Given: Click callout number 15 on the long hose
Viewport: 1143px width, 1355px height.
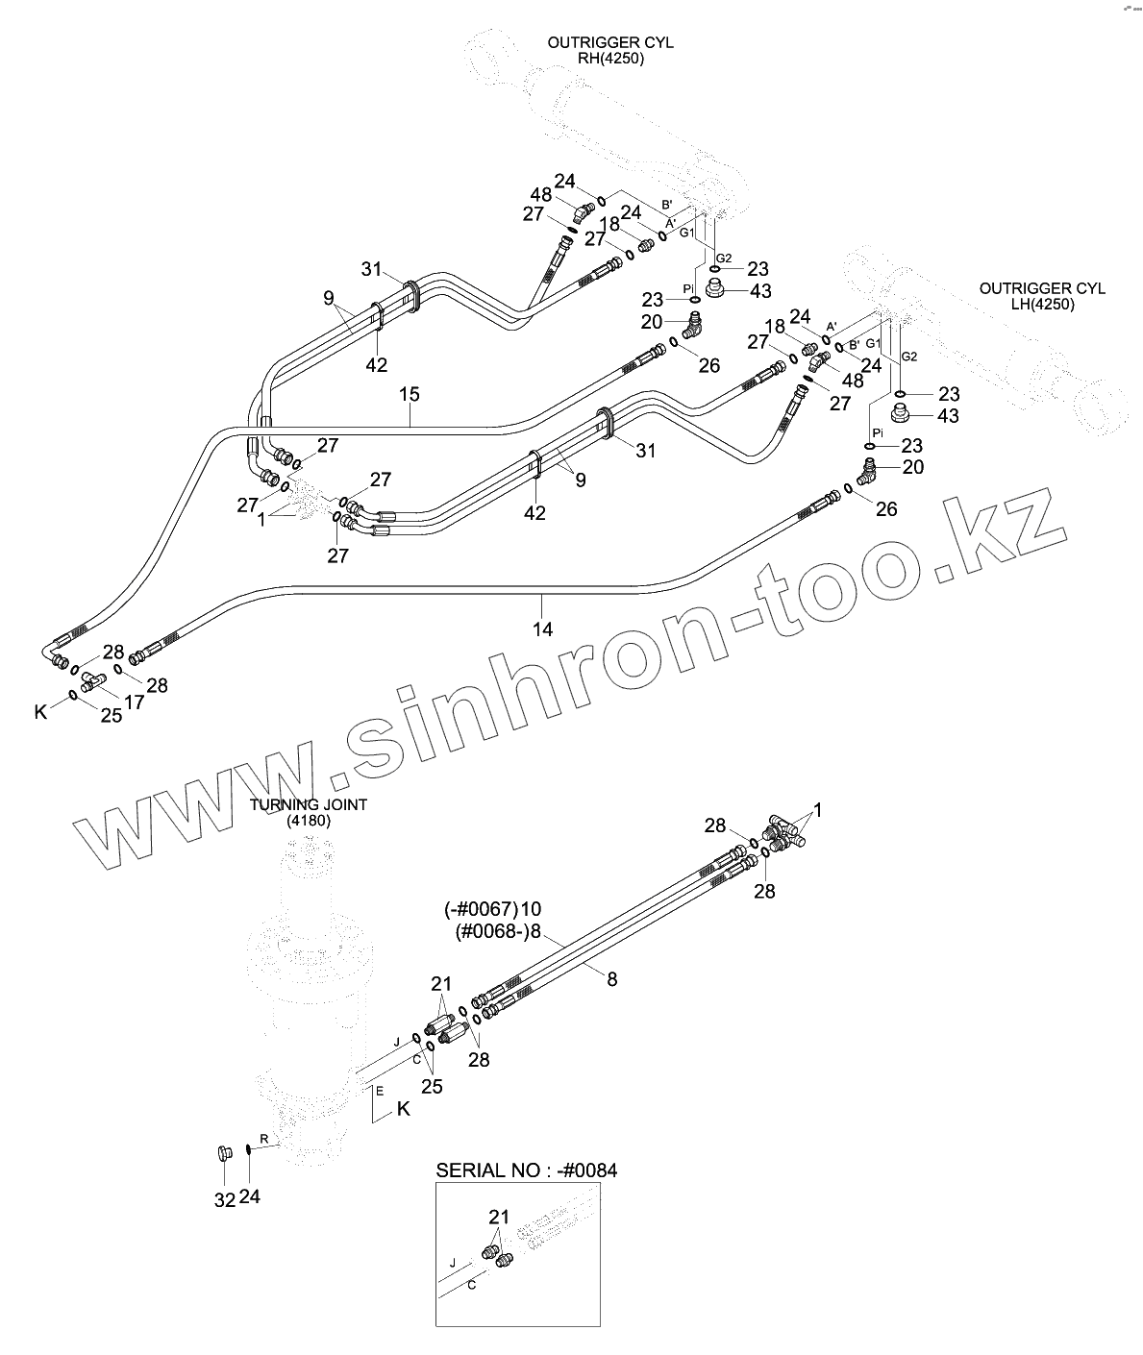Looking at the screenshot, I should click(x=410, y=395).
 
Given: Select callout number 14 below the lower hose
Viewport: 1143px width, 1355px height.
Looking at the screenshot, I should click(x=542, y=629).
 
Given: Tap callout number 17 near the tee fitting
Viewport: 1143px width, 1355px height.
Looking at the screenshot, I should click(x=134, y=702).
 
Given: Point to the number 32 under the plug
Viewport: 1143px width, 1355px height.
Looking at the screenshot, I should click(x=224, y=1199).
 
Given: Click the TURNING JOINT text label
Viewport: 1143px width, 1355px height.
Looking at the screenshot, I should click(x=309, y=805).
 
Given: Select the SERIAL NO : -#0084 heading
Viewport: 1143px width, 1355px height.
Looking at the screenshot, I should click(x=527, y=1170).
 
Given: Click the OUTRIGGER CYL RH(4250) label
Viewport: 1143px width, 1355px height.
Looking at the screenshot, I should click(x=610, y=50).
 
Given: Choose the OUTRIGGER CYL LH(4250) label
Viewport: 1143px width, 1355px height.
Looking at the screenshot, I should click(x=1042, y=296).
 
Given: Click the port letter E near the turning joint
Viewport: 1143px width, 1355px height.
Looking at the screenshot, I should click(x=379, y=1091).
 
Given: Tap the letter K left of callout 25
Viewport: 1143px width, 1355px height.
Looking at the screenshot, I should click(x=40, y=712).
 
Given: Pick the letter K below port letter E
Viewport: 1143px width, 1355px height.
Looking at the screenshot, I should click(x=404, y=1109).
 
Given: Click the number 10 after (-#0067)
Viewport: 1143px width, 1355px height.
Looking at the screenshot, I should click(x=532, y=909).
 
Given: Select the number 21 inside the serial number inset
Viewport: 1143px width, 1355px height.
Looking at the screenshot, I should click(x=498, y=1218).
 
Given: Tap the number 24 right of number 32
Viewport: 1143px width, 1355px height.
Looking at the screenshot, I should click(x=250, y=1196).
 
